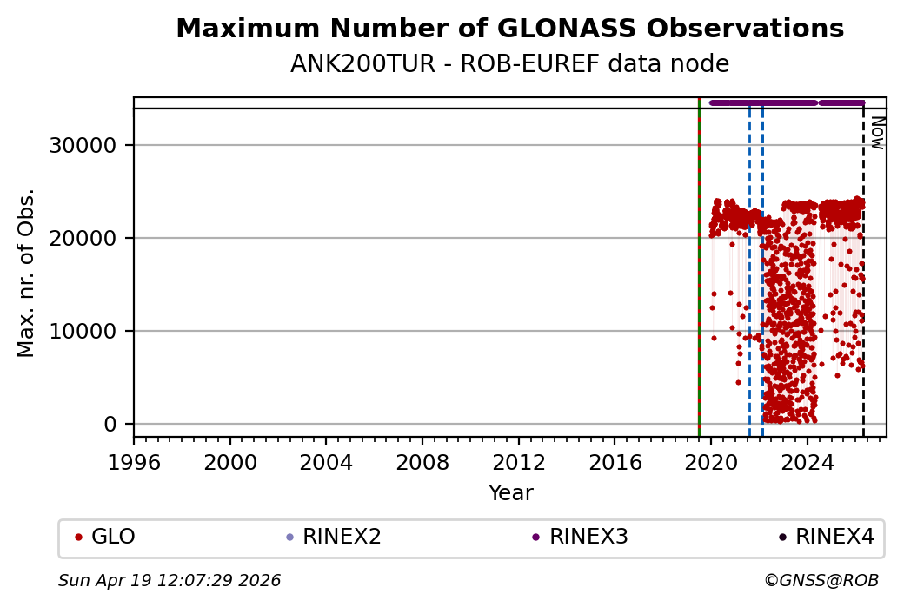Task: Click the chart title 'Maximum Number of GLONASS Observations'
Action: (x=509, y=30)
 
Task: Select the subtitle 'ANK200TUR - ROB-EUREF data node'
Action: (x=509, y=64)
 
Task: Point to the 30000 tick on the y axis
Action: (x=83, y=145)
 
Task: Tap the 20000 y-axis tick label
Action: (x=83, y=238)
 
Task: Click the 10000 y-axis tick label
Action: (x=83, y=331)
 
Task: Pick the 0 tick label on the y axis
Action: (x=110, y=424)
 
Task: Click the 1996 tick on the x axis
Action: (x=134, y=462)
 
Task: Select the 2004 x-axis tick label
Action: (x=326, y=462)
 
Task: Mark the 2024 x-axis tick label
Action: (x=807, y=462)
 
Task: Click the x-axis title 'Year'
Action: (x=510, y=493)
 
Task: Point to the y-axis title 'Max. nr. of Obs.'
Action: (x=27, y=273)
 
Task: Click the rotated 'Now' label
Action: (x=877, y=133)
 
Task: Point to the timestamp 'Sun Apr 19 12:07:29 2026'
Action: (x=169, y=580)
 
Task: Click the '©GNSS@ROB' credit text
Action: (x=821, y=580)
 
